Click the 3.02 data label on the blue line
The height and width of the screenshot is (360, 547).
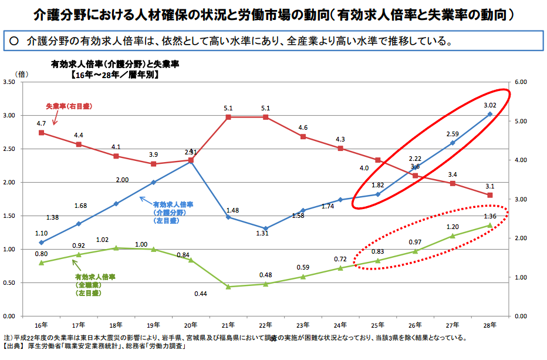tap(490, 106)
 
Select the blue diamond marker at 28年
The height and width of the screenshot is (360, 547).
tap(490, 114)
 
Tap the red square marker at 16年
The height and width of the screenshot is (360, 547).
tap(41, 133)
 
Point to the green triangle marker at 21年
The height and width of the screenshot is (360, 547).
tap(228, 287)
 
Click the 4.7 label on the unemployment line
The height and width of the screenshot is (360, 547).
tap(41, 124)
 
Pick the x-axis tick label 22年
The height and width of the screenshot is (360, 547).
tap(265, 324)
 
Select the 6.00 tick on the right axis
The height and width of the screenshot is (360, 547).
tap(521, 82)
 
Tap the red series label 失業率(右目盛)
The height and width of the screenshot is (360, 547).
tap(69, 106)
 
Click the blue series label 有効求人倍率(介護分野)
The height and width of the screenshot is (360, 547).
tap(174, 208)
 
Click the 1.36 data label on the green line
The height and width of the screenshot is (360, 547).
tap(490, 216)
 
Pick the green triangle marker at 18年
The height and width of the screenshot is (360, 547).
tap(116, 248)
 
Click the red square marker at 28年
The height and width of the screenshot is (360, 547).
tap(490, 195)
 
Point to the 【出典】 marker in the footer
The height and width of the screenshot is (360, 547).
tap(15, 348)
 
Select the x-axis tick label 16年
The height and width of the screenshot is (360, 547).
tap(41, 324)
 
